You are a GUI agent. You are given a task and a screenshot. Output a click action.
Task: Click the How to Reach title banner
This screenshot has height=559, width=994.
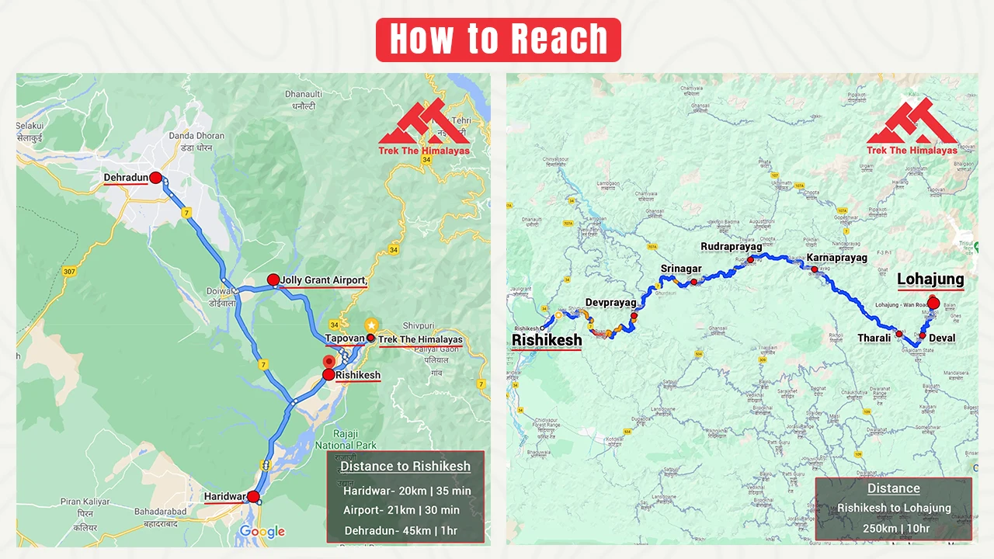(498, 40)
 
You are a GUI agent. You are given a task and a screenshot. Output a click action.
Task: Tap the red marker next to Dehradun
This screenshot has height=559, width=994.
(155, 178)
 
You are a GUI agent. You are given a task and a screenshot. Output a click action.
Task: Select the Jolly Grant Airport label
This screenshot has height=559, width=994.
(322, 280)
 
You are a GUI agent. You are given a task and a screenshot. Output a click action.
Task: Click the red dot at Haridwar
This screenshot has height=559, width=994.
(253, 496)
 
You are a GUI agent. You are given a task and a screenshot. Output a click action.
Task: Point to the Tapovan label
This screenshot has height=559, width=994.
(345, 339)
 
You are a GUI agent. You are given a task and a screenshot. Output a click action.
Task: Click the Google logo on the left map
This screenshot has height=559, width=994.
(262, 531)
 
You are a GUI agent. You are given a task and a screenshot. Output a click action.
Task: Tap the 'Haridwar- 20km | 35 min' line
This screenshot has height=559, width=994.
(406, 491)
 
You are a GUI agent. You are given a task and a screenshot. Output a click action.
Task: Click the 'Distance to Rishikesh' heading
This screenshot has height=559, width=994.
(405, 467)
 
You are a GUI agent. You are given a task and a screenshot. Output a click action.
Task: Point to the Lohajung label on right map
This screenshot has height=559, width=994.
(930, 279)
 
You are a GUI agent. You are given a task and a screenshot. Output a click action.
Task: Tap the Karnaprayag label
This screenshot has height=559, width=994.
(836, 257)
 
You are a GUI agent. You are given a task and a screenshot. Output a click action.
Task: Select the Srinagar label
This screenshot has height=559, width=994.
(681, 269)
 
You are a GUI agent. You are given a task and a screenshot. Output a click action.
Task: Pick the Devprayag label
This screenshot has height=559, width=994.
(610, 302)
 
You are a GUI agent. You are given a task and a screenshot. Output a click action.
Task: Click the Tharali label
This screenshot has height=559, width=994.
(874, 339)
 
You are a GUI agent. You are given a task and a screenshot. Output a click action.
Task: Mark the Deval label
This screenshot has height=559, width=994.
(943, 339)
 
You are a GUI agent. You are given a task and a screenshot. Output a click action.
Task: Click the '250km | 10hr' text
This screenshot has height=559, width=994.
(893, 528)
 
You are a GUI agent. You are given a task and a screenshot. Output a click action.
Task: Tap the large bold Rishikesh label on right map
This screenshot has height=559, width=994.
(546, 340)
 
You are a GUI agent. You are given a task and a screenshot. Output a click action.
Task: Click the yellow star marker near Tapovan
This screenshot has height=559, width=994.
(372, 325)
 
